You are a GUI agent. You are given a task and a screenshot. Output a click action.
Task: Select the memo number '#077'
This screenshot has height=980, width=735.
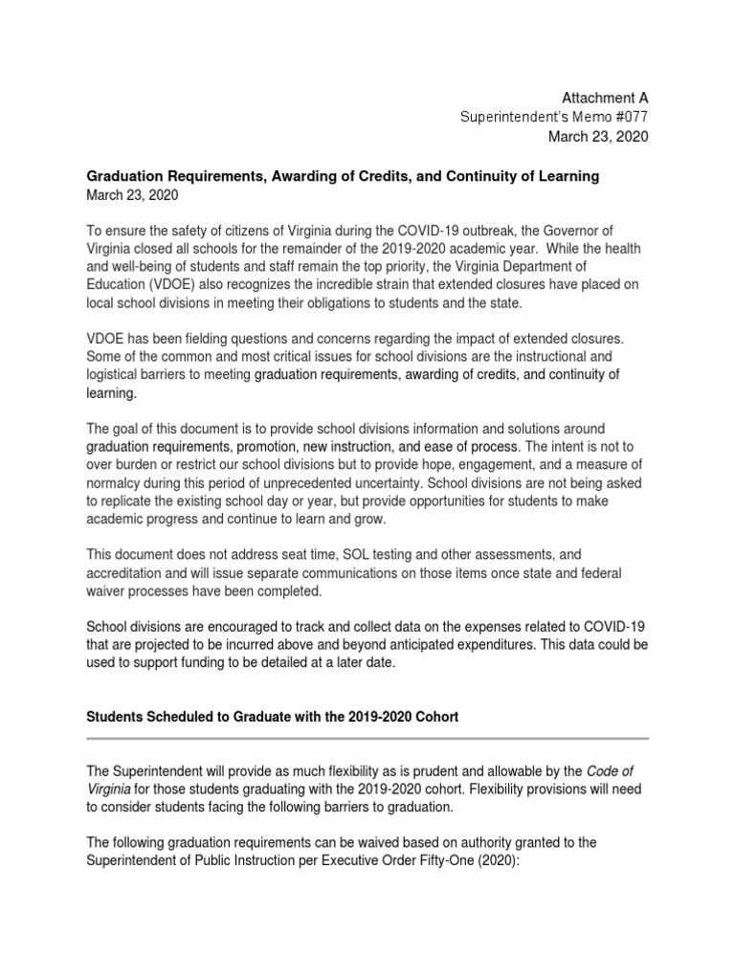point(629,117)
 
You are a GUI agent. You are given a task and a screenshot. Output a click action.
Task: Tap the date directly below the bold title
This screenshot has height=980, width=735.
point(132,195)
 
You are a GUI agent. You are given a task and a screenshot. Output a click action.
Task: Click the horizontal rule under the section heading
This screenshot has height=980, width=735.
point(367,738)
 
